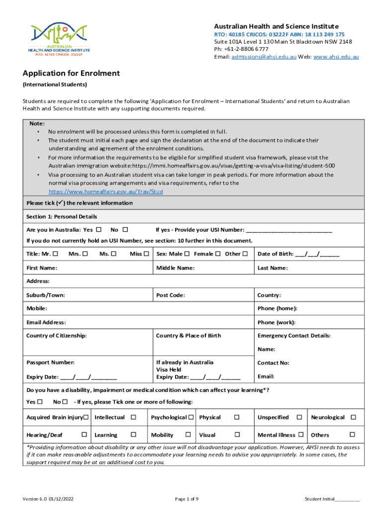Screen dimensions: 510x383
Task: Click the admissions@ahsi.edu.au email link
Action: point(264,57)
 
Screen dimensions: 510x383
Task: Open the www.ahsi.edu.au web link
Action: point(336,57)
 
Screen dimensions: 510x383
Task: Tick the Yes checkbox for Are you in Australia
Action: point(98,230)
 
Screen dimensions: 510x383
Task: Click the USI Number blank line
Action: point(289,230)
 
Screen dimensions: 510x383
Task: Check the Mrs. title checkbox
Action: point(85,254)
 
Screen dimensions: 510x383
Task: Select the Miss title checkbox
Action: point(146,254)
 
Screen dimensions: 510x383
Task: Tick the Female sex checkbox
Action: point(218,254)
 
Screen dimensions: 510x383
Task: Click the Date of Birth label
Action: point(275,254)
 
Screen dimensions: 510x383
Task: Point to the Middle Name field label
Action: point(175,268)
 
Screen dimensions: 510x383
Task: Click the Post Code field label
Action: point(171,295)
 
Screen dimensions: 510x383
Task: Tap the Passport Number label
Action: point(50,363)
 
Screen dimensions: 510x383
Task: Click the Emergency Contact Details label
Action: point(294,336)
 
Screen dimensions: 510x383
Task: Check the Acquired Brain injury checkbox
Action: point(86,417)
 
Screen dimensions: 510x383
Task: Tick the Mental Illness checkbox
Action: point(301,435)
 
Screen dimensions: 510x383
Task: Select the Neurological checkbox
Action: point(353,417)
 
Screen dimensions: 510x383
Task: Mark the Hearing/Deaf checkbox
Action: point(84,435)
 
